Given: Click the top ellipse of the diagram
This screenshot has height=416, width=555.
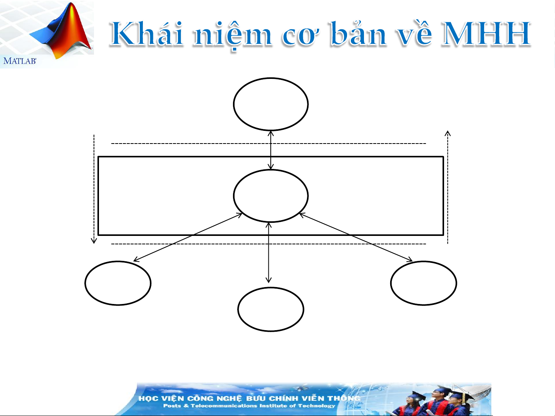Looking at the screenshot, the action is [271, 78].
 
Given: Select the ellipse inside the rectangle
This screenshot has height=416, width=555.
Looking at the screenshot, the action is [271, 170].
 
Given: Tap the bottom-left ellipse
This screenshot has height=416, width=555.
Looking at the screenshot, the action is [118, 261].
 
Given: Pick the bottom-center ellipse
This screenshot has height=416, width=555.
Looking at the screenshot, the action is [270, 288].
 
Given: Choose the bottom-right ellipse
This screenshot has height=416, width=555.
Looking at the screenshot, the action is [424, 261].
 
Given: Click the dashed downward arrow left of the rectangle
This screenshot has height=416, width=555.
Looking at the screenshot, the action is [94, 189].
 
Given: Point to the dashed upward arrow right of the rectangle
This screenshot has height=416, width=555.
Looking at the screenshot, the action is [448, 187].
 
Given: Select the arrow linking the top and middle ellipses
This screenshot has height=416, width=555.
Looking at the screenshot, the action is [271, 150].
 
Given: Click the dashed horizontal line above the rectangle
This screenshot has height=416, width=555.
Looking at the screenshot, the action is [268, 144].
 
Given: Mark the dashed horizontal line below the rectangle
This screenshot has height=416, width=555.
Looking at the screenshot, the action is [268, 244].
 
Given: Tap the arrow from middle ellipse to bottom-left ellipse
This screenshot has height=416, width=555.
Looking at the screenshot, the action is [188, 237].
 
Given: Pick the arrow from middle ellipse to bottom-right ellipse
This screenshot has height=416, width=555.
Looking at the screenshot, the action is [356, 237].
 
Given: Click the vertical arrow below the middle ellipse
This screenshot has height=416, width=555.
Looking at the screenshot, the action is [268, 252].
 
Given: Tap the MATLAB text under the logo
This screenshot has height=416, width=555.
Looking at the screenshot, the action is [20, 61].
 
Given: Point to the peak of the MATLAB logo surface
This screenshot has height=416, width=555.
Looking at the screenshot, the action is [72, 3].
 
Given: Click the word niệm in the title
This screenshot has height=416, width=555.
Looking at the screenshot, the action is [233, 35].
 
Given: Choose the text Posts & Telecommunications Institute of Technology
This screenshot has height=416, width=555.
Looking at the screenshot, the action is [249, 406].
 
